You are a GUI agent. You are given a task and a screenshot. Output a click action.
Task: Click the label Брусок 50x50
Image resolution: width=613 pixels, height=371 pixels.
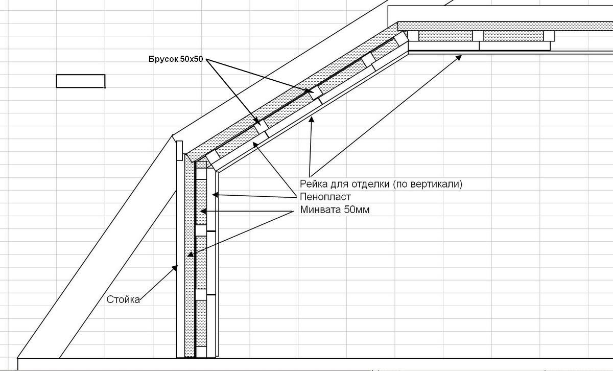pyautogui.click(x=176, y=59)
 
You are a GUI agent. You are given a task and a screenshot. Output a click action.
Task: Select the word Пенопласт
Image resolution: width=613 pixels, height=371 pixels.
pyautogui.click(x=325, y=197)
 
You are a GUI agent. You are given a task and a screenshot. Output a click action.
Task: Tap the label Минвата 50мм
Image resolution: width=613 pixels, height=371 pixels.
pyautogui.click(x=334, y=210)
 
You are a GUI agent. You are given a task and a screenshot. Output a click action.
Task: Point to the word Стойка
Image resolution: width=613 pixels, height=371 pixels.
pyautogui.click(x=123, y=299)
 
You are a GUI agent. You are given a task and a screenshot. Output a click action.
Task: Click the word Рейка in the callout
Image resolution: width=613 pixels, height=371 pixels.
pyautogui.click(x=313, y=184)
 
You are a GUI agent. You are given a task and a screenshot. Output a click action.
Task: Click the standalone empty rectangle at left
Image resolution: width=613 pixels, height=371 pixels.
pyautogui.click(x=81, y=81)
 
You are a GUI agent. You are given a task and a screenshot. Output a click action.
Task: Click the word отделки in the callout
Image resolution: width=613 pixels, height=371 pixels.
pyautogui.click(x=371, y=184)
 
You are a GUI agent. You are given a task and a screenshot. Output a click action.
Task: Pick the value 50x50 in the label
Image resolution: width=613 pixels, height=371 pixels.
pyautogui.click(x=192, y=59)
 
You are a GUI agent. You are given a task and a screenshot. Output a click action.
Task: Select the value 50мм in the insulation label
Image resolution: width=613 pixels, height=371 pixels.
pyautogui.click(x=355, y=210)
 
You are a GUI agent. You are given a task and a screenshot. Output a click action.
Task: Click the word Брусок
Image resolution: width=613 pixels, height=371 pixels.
pyautogui.click(x=163, y=59)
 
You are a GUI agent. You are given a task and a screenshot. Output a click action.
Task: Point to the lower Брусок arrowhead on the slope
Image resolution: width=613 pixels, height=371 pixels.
pyautogui.click(x=257, y=123)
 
